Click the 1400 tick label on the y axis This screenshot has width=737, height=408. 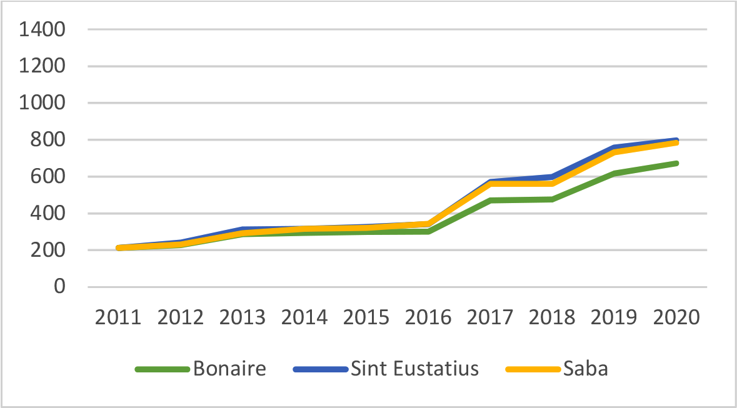tap(42, 29)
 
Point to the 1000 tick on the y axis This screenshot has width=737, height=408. tap(42, 103)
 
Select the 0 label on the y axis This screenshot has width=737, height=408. tap(59, 287)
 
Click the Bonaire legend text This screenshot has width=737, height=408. tap(229, 369)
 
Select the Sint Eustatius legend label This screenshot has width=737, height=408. tap(414, 369)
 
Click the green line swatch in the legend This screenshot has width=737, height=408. tap(162, 369)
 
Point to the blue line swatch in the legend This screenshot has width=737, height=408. tap(319, 369)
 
